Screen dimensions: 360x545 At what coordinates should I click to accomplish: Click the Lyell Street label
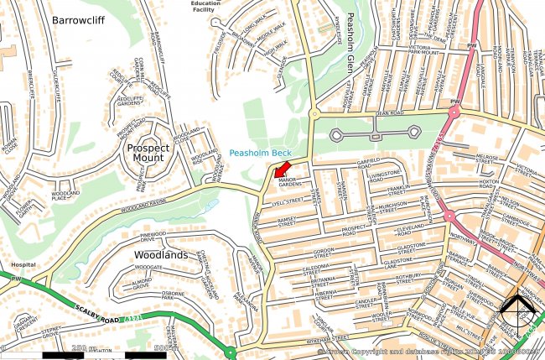coord(287,201)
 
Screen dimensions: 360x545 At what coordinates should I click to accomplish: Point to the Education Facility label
coord(205,7)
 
